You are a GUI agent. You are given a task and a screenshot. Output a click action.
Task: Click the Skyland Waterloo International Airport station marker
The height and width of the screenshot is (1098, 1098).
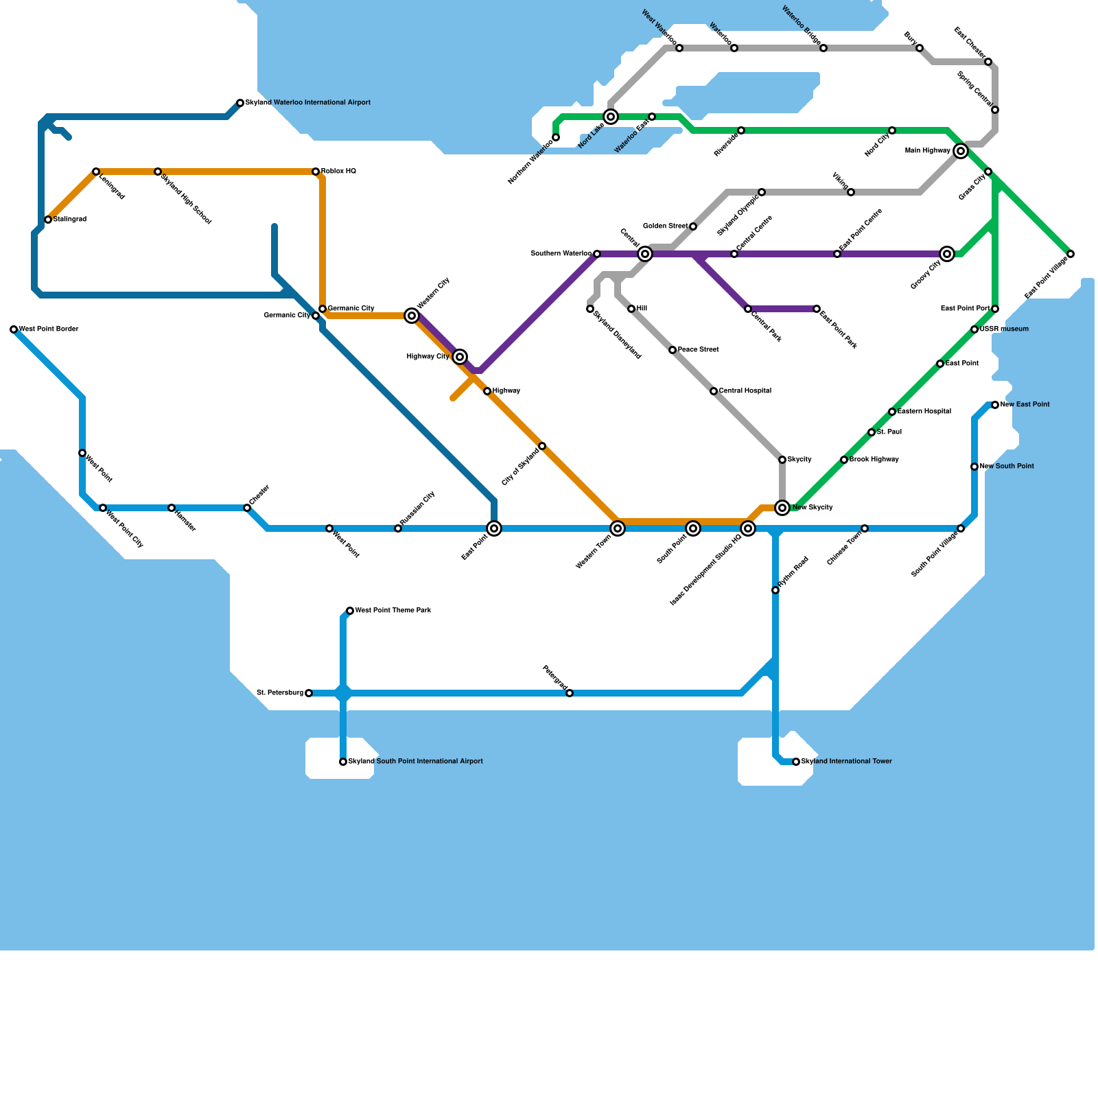click(240, 103)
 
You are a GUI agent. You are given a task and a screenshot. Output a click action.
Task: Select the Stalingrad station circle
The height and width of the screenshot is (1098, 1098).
click(48, 220)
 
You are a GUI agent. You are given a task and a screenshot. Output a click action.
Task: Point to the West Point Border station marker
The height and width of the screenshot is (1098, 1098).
click(14, 329)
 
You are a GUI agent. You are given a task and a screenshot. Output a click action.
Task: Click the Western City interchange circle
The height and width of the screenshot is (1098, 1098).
click(412, 316)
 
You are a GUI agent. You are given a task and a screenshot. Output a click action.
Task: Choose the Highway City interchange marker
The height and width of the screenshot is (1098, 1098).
click(460, 357)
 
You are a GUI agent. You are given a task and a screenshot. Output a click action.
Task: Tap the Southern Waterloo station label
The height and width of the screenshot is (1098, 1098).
click(561, 254)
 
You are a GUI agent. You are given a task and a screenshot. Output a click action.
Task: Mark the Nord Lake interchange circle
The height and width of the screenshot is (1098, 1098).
click(611, 117)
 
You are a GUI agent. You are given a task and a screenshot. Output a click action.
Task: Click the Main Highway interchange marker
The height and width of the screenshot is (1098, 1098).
click(961, 151)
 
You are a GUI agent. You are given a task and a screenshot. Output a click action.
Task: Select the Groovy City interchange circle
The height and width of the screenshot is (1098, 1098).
click(947, 254)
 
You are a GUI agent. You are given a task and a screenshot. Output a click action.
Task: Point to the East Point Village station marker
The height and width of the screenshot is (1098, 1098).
click(1071, 254)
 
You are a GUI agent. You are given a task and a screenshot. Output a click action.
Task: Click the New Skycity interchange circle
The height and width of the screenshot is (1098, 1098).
click(782, 508)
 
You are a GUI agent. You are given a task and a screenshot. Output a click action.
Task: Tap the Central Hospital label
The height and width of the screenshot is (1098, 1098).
click(745, 391)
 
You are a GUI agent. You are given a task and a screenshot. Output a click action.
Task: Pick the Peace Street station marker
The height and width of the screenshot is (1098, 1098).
click(673, 350)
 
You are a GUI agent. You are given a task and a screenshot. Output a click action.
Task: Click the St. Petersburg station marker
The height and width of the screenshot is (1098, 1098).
click(309, 693)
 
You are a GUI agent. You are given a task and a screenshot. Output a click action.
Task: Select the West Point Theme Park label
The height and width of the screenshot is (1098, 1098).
click(393, 611)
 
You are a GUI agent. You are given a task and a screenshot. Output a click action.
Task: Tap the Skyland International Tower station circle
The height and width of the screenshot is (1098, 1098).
click(796, 762)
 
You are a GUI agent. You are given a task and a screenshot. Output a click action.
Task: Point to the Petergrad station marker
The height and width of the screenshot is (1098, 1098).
click(570, 693)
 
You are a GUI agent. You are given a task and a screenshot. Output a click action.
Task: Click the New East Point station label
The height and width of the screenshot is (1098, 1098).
click(1025, 405)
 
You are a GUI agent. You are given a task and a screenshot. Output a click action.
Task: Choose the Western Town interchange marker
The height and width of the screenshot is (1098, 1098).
click(618, 528)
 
